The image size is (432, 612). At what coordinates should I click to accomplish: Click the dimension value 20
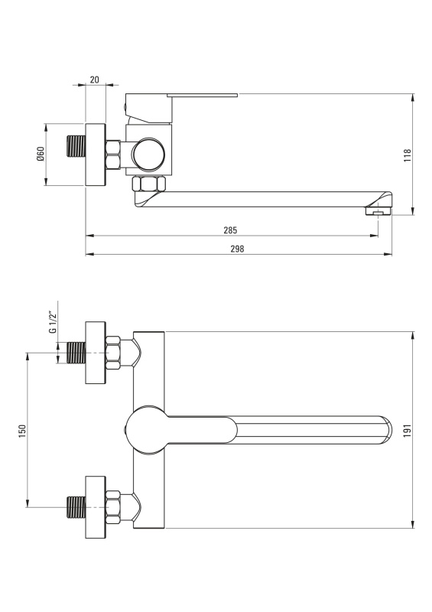pos(95,80)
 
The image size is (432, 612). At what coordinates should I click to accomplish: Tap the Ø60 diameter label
pos(41,155)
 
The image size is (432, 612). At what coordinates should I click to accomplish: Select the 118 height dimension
pos(408,155)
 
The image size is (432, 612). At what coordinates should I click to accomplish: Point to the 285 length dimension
pos(230,230)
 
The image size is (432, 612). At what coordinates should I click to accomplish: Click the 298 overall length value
pos(237,249)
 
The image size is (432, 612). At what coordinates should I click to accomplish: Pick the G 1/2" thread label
pos(53,322)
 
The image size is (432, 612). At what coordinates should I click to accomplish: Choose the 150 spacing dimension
pos(22,431)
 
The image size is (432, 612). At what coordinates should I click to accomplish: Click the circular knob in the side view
pos(148,154)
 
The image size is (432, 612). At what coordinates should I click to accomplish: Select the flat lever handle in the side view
pos(202,95)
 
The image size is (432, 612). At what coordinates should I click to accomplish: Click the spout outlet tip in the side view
pos(378,211)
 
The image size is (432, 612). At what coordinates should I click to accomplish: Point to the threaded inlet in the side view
pos(76,145)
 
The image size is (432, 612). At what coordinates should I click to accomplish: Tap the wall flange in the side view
pos(96,155)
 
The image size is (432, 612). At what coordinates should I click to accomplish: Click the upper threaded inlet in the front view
pos(76,353)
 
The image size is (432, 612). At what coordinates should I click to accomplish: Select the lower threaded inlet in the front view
pos(76,507)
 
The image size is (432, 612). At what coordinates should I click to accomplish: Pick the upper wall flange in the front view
pos(96,353)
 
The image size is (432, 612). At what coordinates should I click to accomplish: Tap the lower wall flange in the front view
pos(96,507)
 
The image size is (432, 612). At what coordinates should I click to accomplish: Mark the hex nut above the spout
pos(148,184)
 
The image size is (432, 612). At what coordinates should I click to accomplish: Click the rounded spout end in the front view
pos(385,430)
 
